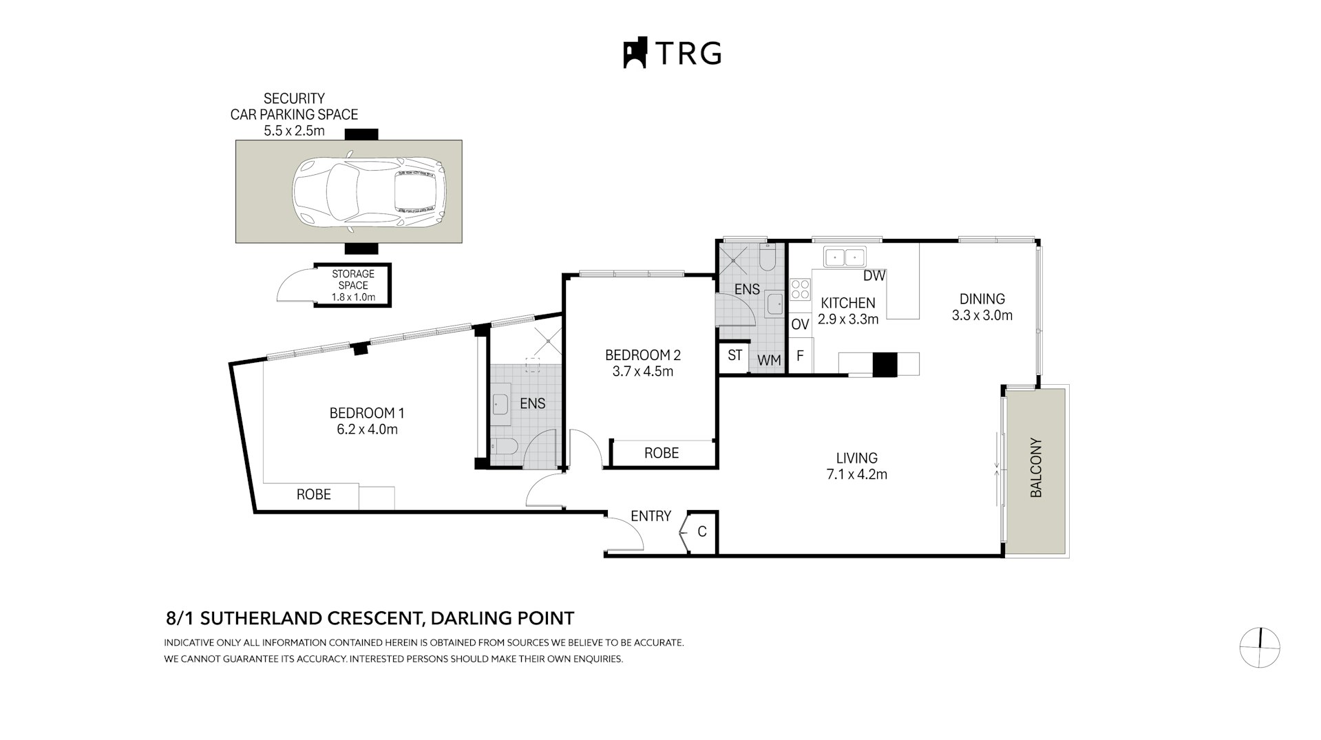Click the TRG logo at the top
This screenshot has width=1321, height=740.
click(672, 53)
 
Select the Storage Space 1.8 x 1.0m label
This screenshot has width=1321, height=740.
click(353, 286)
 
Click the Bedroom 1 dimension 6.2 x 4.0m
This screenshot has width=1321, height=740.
click(367, 430)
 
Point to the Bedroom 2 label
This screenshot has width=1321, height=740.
click(642, 355)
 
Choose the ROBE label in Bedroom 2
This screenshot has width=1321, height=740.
click(662, 453)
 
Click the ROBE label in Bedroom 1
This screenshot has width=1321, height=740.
click(313, 494)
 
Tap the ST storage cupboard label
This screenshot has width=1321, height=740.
click(735, 355)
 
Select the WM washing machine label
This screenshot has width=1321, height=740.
click(769, 360)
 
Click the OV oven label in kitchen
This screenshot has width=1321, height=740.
click(800, 324)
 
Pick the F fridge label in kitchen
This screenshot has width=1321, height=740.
click(800, 356)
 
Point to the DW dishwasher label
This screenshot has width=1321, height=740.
click(874, 276)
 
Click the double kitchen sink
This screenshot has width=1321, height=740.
click(845, 257)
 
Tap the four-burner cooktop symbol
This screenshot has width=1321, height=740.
click(800, 288)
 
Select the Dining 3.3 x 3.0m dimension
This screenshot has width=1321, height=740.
click(982, 316)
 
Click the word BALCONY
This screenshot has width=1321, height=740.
click(1036, 467)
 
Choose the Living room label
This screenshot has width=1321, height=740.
click(856, 458)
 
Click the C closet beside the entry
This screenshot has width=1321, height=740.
click(701, 531)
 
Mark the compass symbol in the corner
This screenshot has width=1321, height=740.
click(1259, 648)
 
